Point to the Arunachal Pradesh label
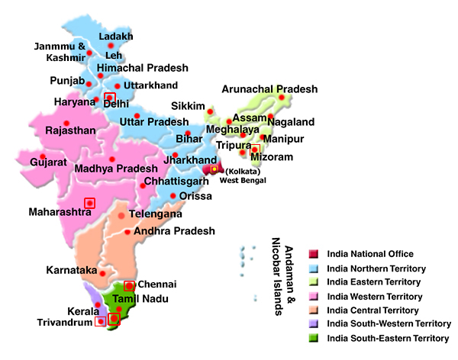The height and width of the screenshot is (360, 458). click(x=269, y=89)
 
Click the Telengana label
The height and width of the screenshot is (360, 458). click(x=155, y=214)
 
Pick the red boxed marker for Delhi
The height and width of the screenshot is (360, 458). click(x=110, y=98)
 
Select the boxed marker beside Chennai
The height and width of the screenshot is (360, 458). click(x=129, y=285)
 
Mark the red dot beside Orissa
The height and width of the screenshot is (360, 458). click(x=173, y=196)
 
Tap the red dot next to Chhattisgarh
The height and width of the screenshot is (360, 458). click(x=142, y=185)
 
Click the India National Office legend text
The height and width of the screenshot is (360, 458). click(x=370, y=254)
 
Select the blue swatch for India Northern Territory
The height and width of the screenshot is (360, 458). click(x=313, y=268)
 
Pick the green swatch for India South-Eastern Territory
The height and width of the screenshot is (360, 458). click(x=313, y=338)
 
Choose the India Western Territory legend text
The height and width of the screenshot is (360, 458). click(x=374, y=296)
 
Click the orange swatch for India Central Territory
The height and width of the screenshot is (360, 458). click(x=313, y=310)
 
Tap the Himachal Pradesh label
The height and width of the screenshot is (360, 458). click(x=142, y=68)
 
